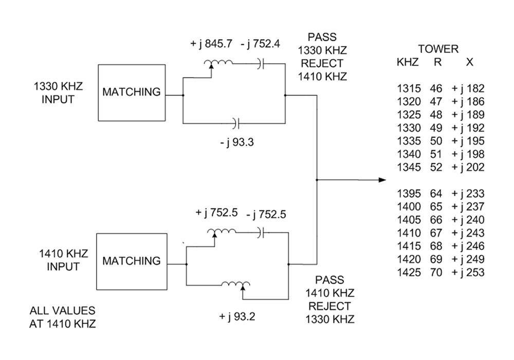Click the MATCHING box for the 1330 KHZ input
(x=131, y=92)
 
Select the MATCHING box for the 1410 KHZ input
(x=131, y=261)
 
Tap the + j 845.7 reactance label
(x=212, y=44)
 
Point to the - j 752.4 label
(x=260, y=44)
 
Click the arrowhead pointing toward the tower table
(x=382, y=180)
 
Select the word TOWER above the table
(x=438, y=49)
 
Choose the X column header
(x=469, y=62)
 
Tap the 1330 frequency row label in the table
(x=409, y=128)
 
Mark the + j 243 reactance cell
(x=468, y=233)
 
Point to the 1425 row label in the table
(x=409, y=273)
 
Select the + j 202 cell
(x=468, y=167)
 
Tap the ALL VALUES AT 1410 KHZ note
(x=62, y=317)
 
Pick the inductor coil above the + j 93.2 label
(x=236, y=284)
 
